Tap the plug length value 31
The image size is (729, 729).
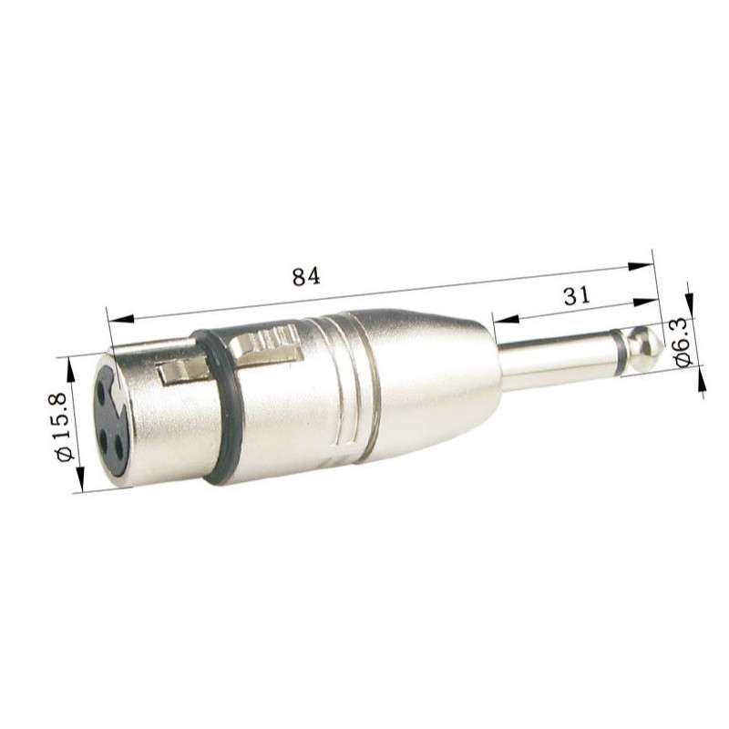[576, 295]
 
